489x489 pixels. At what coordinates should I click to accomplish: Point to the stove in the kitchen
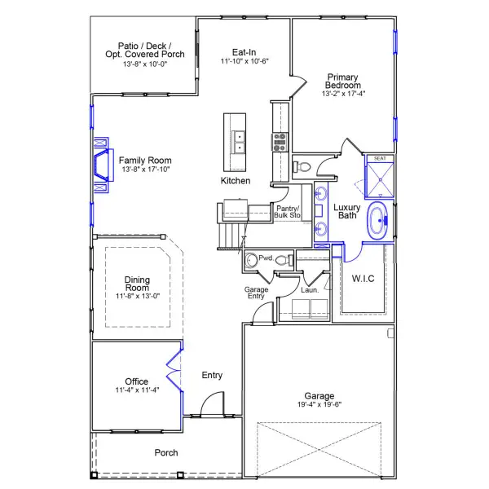pyautogui.click(x=280, y=143)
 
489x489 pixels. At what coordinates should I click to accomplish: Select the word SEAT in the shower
pyautogui.click(x=379, y=159)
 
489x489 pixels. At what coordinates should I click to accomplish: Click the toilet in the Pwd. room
pyautogui.click(x=282, y=261)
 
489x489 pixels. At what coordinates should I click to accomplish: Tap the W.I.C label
pyautogui.click(x=363, y=279)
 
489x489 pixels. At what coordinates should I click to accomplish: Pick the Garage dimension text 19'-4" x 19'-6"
pyautogui.click(x=319, y=404)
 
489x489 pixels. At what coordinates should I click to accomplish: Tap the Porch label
pyautogui.click(x=166, y=452)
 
